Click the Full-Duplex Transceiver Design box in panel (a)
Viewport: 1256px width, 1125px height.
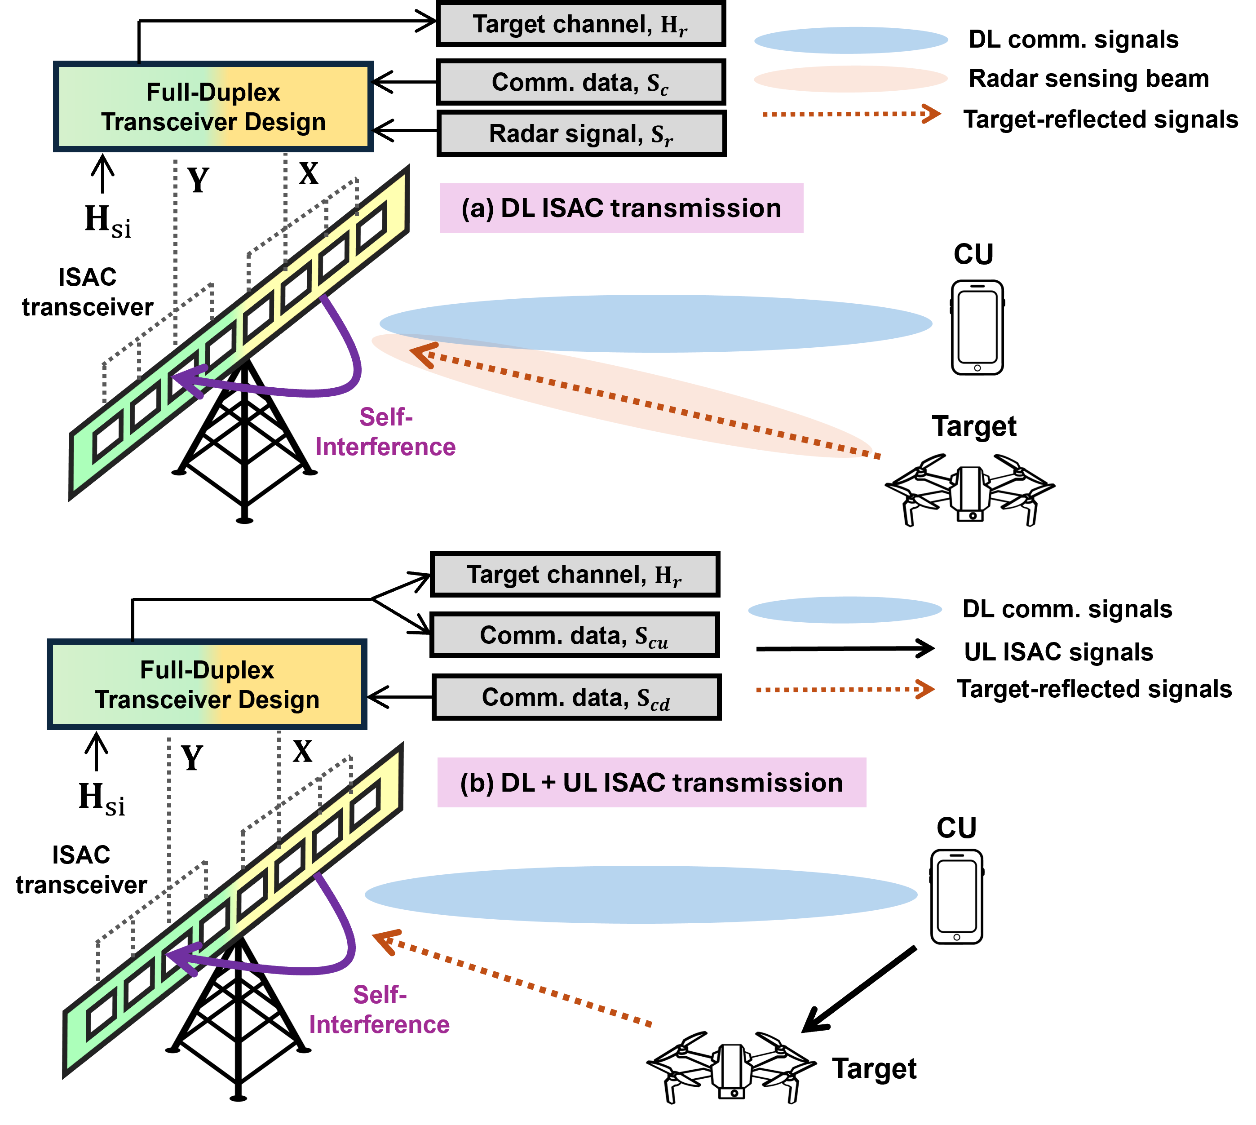click(x=213, y=107)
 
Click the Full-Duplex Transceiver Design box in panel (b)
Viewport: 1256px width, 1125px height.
click(x=207, y=684)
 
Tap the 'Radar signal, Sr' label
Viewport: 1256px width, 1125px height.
click(x=581, y=133)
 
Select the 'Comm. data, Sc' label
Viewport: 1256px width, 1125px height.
click(x=580, y=82)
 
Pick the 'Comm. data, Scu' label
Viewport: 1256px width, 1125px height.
click(x=574, y=635)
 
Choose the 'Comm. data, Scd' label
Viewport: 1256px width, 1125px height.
click(x=576, y=697)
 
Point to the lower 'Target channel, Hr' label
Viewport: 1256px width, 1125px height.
click(x=574, y=574)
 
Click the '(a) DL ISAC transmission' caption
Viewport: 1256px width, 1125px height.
click(x=621, y=208)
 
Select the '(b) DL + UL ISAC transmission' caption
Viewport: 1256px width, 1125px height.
click(x=651, y=783)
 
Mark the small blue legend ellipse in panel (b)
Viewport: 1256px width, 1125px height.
click(x=845, y=610)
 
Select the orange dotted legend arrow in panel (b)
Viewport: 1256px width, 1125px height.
click(x=845, y=689)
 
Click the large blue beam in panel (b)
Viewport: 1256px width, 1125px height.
click(x=641, y=895)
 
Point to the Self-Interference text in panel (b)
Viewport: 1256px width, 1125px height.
click(x=379, y=1010)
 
